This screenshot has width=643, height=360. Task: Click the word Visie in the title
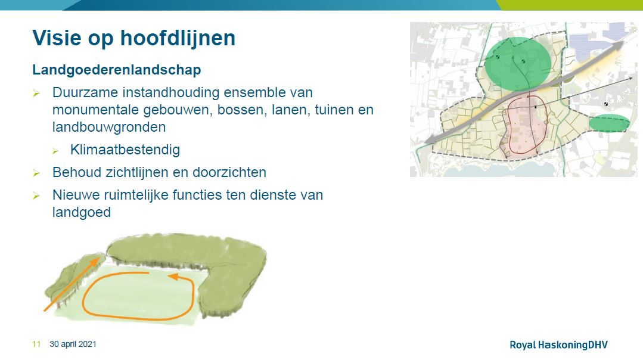(57, 38)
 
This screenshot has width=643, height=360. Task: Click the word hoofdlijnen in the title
(178, 38)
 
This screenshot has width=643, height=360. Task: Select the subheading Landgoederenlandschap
(117, 70)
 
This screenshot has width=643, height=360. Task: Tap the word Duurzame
(85, 92)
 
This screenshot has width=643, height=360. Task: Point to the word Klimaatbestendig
(125, 150)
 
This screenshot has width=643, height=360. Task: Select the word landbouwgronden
(109, 127)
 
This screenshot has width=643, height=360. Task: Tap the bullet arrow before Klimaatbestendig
(56, 151)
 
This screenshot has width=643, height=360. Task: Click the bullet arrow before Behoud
(36, 173)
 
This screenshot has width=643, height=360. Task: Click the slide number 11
(36, 344)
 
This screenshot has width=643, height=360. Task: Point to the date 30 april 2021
(73, 344)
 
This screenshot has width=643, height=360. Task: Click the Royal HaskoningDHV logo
(558, 345)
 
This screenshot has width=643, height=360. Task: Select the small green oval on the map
(609, 123)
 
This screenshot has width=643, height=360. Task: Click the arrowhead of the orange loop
(174, 277)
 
